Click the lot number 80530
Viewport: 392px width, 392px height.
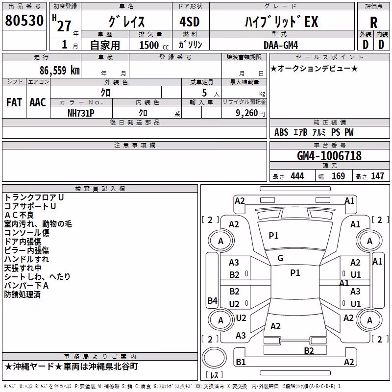pyautogui.click(x=24, y=21)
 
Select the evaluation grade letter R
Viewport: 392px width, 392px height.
pyautogui.click(x=373, y=23)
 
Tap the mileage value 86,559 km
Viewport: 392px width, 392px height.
pyautogui.click(x=60, y=70)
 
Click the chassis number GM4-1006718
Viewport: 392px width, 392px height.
pyautogui.click(x=329, y=156)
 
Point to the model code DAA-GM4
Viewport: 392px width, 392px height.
pyautogui.click(x=281, y=45)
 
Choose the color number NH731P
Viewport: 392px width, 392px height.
pyautogui.click(x=81, y=113)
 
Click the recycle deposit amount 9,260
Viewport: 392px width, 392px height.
pyautogui.click(x=246, y=113)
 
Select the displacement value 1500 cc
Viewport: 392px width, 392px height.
pyautogui.click(x=154, y=45)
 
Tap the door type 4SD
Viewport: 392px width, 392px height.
pyautogui.click(x=190, y=22)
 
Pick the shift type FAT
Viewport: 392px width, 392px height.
pyautogui.click(x=14, y=102)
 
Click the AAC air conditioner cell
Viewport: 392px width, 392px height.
pyautogui.click(x=38, y=102)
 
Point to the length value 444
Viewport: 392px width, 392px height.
pyautogui.click(x=297, y=176)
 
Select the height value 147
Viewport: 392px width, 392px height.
pyautogui.click(x=377, y=176)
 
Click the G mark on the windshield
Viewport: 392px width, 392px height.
pyautogui.click(x=280, y=258)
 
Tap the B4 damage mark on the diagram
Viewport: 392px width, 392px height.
pyautogui.click(x=213, y=300)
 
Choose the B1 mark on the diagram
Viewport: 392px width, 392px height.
pyautogui.click(x=241, y=362)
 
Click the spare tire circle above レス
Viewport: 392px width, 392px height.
pyautogui.click(x=214, y=358)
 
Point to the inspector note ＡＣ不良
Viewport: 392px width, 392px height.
pyautogui.click(x=19, y=215)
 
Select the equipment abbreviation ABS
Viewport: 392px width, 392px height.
pyautogui.click(x=281, y=132)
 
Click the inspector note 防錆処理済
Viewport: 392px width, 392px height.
pyautogui.click(x=23, y=294)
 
